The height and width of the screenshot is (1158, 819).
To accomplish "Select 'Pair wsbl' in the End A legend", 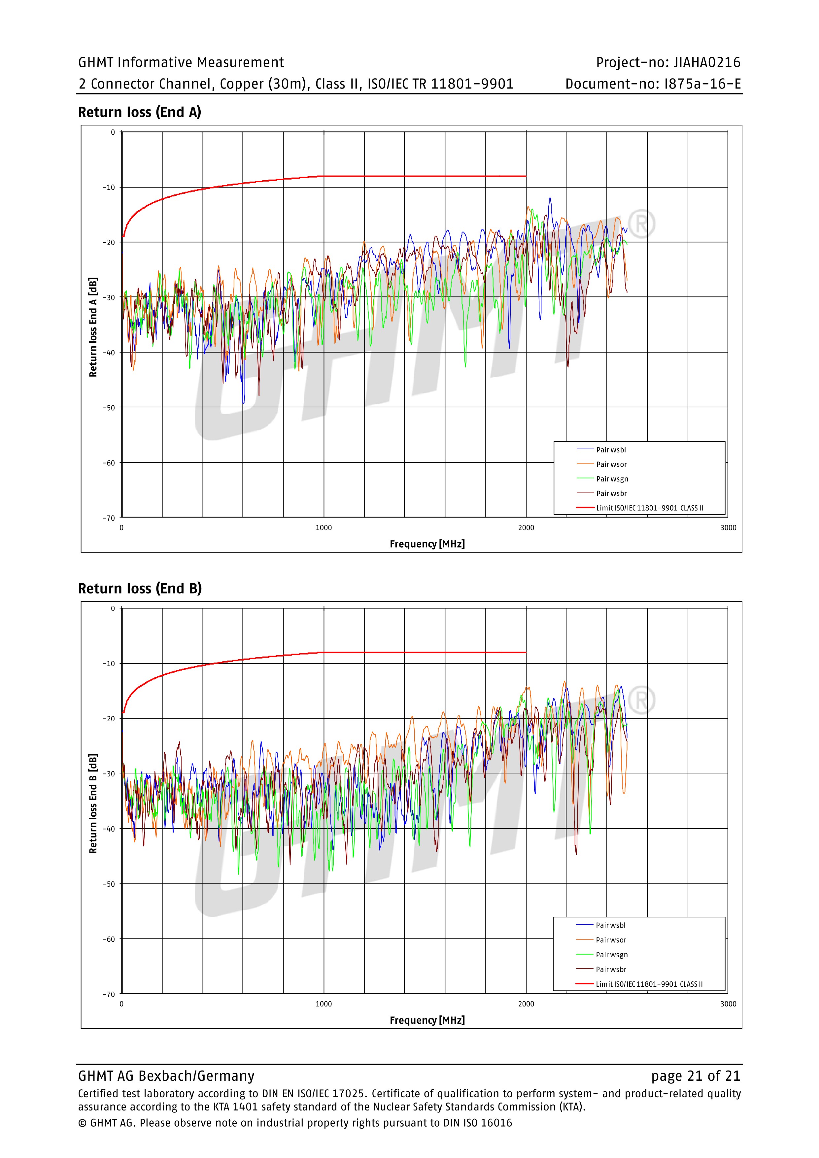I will coord(611,450).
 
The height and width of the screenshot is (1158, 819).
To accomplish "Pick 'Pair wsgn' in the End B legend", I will coord(611,954).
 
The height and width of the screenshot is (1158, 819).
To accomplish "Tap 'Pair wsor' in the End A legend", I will coord(611,464).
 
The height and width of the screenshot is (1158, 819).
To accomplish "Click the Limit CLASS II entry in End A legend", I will coord(649,508).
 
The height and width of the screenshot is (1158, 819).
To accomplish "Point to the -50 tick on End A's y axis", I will coord(109,408).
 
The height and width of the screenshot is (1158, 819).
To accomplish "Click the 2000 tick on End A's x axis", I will coord(526,528).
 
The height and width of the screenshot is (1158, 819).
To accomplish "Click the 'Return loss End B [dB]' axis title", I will coord(93,803).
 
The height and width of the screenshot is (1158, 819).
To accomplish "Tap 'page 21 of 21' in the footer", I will coord(696,1076).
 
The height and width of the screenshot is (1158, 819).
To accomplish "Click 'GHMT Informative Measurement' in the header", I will coord(181,62).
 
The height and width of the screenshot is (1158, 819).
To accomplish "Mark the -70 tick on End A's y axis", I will coord(109,518).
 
